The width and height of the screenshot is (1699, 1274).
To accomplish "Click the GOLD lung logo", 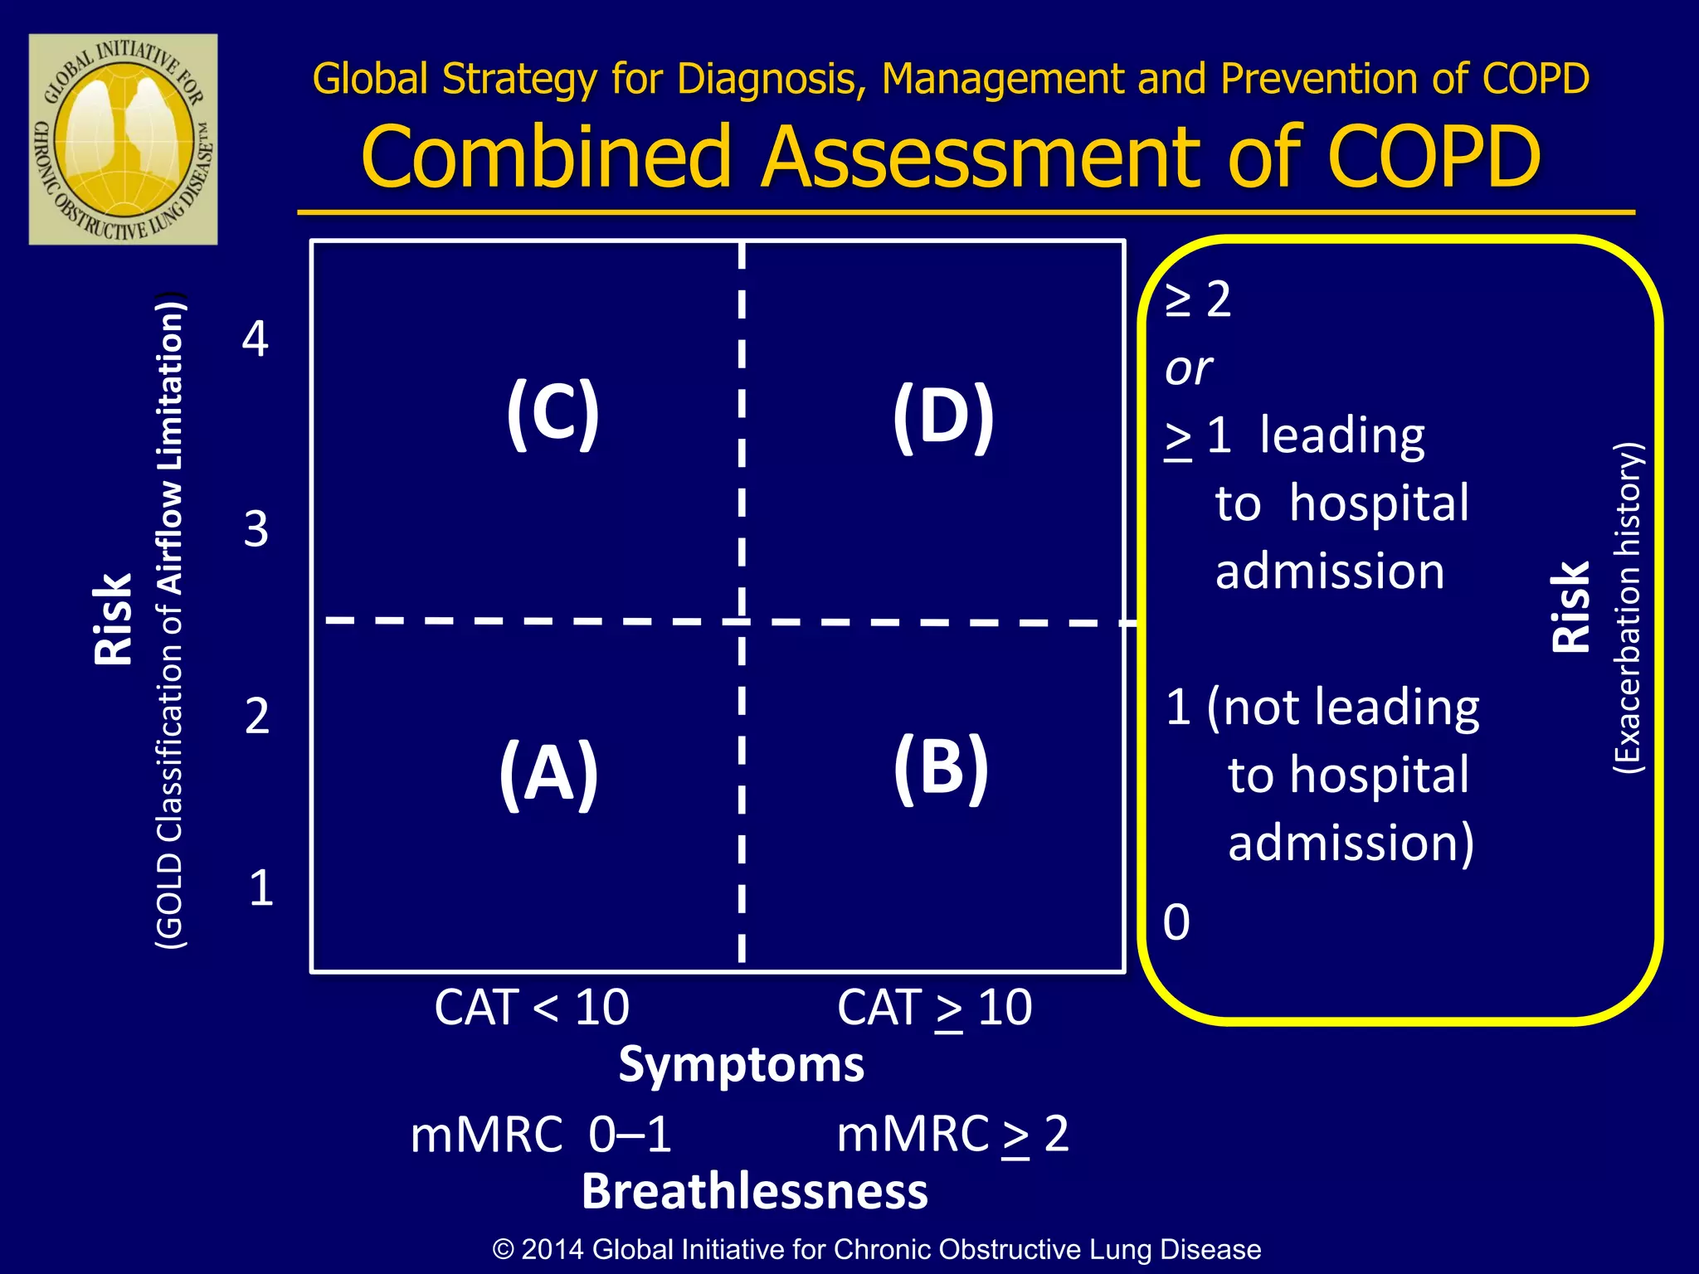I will [123, 139].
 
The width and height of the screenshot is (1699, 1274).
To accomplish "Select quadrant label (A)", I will [548, 773].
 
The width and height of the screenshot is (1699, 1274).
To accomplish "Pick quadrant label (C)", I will [553, 412].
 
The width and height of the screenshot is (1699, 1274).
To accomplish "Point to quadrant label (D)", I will [943, 416].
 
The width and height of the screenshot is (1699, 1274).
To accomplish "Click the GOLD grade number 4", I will [256, 339].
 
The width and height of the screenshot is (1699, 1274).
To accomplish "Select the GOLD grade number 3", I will [256, 528].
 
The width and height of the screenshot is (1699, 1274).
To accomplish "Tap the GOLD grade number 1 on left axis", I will [260, 888].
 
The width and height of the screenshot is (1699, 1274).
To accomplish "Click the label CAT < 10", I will [532, 1008].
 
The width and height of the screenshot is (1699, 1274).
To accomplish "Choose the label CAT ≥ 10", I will [934, 1008].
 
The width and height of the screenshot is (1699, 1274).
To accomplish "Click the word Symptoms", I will [741, 1064].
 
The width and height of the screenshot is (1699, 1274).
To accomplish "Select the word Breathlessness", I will [754, 1192].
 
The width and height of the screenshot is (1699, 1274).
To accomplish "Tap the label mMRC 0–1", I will [541, 1135].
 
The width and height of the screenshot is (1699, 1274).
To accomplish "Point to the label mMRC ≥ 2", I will [952, 1135].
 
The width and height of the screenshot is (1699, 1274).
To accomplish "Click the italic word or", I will [1188, 368].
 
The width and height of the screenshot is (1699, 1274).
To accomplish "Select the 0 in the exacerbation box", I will [1176, 922].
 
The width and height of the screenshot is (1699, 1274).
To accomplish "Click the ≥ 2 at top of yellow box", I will [1198, 299].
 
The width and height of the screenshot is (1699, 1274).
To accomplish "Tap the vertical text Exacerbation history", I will [1627, 607].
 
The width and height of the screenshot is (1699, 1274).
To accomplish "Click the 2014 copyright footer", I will [876, 1249].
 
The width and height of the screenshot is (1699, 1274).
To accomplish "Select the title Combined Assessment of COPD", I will [951, 156].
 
